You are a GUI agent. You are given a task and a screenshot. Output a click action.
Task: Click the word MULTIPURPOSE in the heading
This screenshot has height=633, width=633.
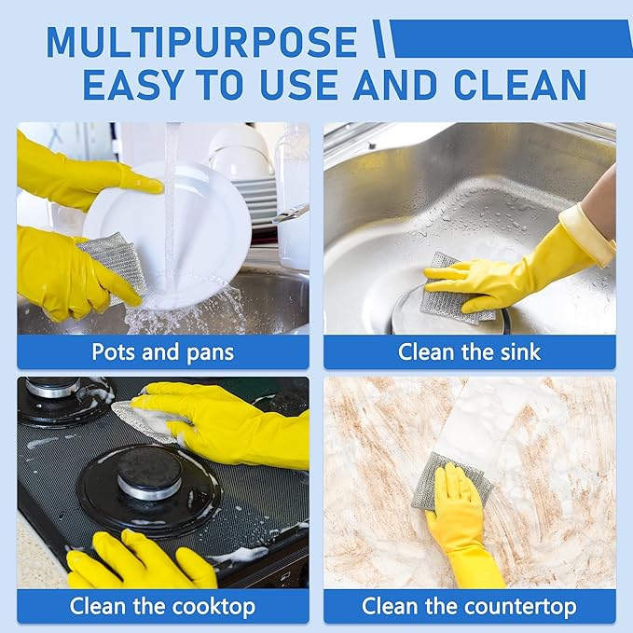tap(201, 42)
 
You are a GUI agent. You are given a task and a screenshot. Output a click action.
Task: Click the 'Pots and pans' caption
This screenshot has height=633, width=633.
tap(162, 352)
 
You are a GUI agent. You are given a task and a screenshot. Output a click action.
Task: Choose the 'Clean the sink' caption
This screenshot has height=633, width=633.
tap(469, 352)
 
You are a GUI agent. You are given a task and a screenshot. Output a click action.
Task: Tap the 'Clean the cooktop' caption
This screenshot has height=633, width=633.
tap(162, 607)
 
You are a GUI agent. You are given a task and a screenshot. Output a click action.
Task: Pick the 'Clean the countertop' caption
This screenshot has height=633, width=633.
tap(469, 607)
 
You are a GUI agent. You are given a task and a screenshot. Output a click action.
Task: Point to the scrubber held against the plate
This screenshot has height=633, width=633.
tap(112, 261)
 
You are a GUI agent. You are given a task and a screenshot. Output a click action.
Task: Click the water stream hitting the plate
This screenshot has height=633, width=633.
tap(171, 196)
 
